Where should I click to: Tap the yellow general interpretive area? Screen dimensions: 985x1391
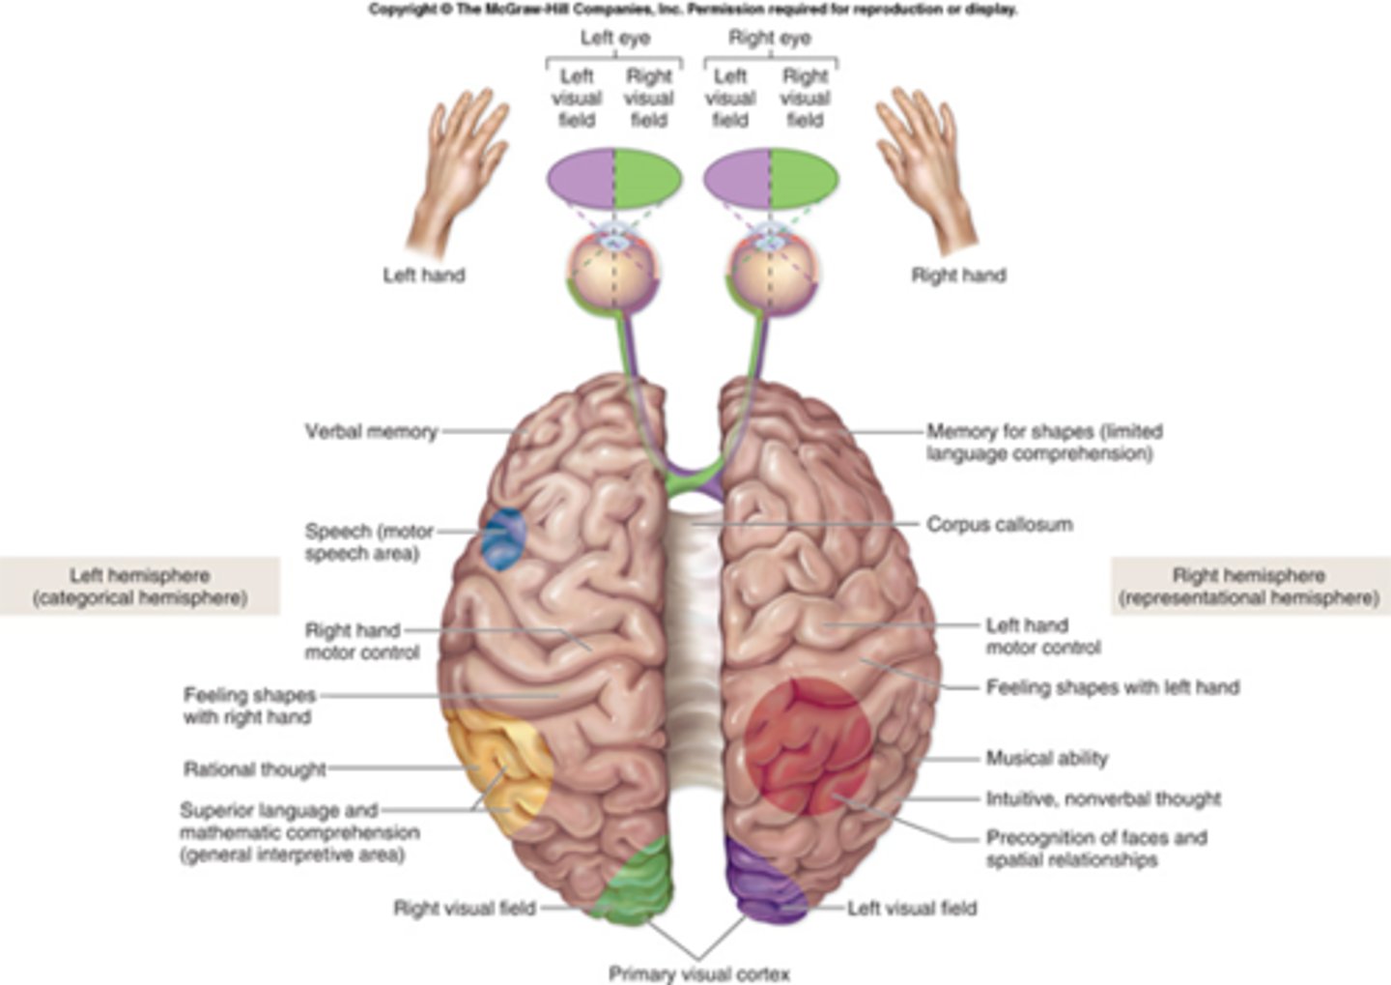[x=497, y=768]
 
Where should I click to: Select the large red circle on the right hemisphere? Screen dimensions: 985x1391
[x=808, y=746]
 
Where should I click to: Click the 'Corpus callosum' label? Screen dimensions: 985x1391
[x=999, y=525]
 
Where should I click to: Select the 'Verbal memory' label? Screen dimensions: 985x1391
[x=371, y=432]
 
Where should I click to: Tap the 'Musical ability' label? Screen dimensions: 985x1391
[x=1046, y=759]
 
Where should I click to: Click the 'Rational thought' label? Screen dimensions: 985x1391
[x=255, y=769]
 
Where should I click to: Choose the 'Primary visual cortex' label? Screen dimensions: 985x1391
[x=698, y=973]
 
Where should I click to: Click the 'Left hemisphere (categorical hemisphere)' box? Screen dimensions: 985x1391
[x=140, y=587]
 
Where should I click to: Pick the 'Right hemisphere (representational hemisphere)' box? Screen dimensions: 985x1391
[x=1249, y=587]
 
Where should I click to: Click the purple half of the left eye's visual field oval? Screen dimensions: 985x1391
[x=581, y=179]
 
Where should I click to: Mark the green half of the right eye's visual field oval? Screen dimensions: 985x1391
[x=805, y=179]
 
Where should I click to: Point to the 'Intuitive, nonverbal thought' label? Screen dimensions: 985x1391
[x=1103, y=799]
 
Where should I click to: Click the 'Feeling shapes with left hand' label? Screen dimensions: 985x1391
[x=1112, y=687]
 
